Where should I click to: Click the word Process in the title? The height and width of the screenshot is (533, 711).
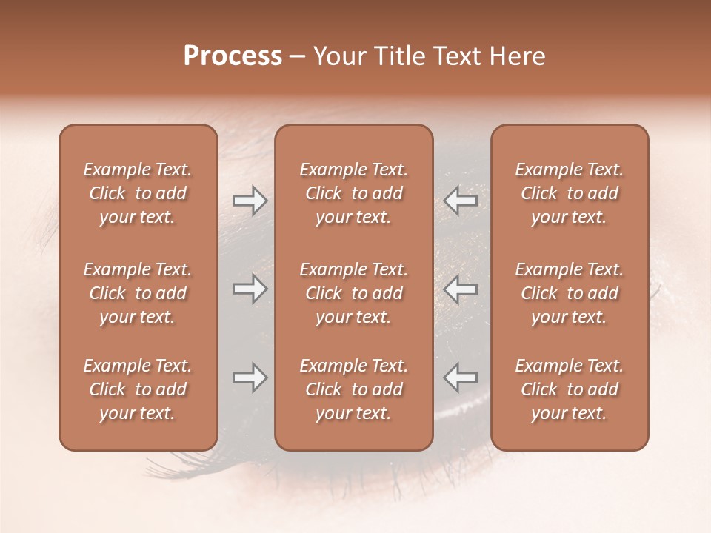(233, 56)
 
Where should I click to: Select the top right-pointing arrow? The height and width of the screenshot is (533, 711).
(250, 201)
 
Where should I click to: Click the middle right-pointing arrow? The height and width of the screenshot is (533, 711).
(250, 289)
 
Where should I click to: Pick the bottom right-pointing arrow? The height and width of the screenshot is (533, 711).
(250, 378)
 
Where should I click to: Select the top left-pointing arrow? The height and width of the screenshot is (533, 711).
(461, 200)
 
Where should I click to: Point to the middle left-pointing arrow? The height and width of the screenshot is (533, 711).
(461, 289)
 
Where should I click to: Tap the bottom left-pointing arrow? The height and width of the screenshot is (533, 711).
(461, 378)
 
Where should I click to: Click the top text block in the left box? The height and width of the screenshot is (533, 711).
(138, 193)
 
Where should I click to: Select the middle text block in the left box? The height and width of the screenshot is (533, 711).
(138, 293)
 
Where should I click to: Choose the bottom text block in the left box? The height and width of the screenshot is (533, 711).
(138, 389)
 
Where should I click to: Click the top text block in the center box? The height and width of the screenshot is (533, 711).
(354, 193)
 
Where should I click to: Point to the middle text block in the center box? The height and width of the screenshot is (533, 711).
(354, 293)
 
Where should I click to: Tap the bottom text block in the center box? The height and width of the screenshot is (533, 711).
(354, 389)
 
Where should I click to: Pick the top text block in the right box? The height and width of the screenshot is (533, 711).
(570, 193)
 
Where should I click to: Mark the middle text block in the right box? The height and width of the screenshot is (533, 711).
(570, 293)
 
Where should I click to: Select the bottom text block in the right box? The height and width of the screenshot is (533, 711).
(570, 389)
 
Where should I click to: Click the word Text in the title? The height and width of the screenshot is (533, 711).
(454, 56)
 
